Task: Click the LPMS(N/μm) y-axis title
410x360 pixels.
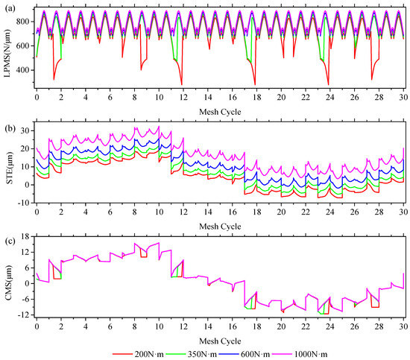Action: [x=7, y=49]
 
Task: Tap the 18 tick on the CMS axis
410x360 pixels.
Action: [x=25, y=237]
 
